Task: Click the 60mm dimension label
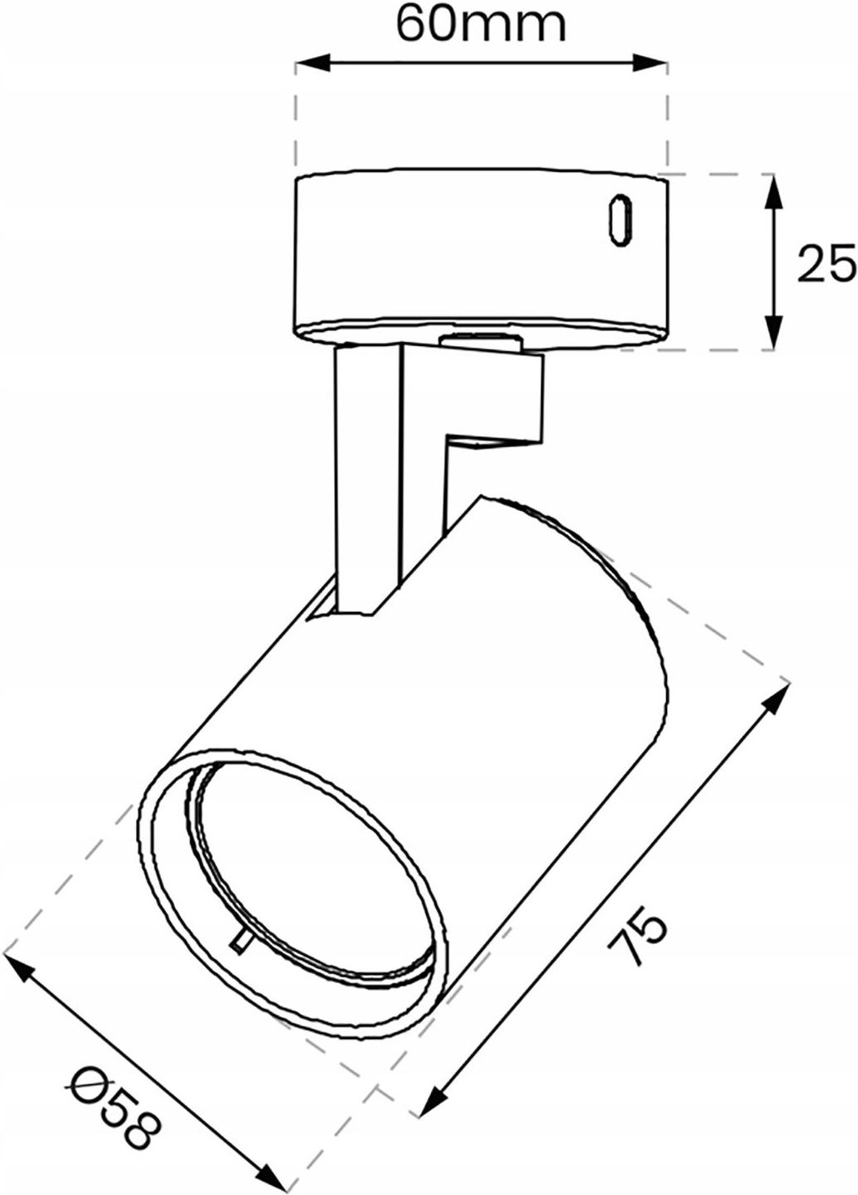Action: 481,25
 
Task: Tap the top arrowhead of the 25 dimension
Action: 775,188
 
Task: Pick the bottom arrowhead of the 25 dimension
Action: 775,337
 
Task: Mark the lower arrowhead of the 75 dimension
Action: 429,1106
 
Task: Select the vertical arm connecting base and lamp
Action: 367,467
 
